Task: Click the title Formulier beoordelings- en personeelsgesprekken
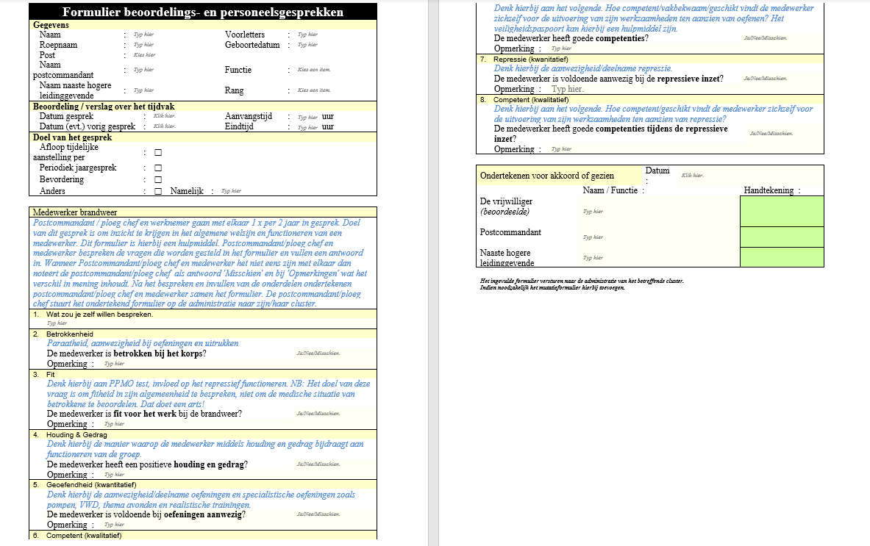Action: pyautogui.click(x=203, y=12)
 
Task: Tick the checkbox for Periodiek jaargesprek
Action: pyautogui.click(x=158, y=168)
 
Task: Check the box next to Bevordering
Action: pyautogui.click(x=158, y=179)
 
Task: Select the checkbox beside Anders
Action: pyautogui.click(x=158, y=191)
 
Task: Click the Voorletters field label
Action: pyautogui.click(x=246, y=35)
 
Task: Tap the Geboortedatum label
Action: pyautogui.click(x=252, y=45)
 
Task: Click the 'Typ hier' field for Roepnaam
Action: pyautogui.click(x=143, y=45)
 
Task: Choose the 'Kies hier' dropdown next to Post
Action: pyautogui.click(x=144, y=55)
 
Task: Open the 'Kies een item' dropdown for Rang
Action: pyautogui.click(x=314, y=90)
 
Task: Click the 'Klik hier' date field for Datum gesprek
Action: pyautogui.click(x=164, y=116)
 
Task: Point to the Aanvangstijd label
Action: pyautogui.click(x=249, y=116)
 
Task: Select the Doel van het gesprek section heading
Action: pyautogui.click(x=72, y=137)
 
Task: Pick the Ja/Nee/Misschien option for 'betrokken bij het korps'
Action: pyautogui.click(x=318, y=353)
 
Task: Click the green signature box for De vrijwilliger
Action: pyautogui.click(x=782, y=212)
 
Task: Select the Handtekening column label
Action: pyautogui.click(x=769, y=190)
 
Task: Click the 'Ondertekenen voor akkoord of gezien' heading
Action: pyautogui.click(x=546, y=176)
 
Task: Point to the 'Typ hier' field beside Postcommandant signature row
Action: pyautogui.click(x=593, y=237)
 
